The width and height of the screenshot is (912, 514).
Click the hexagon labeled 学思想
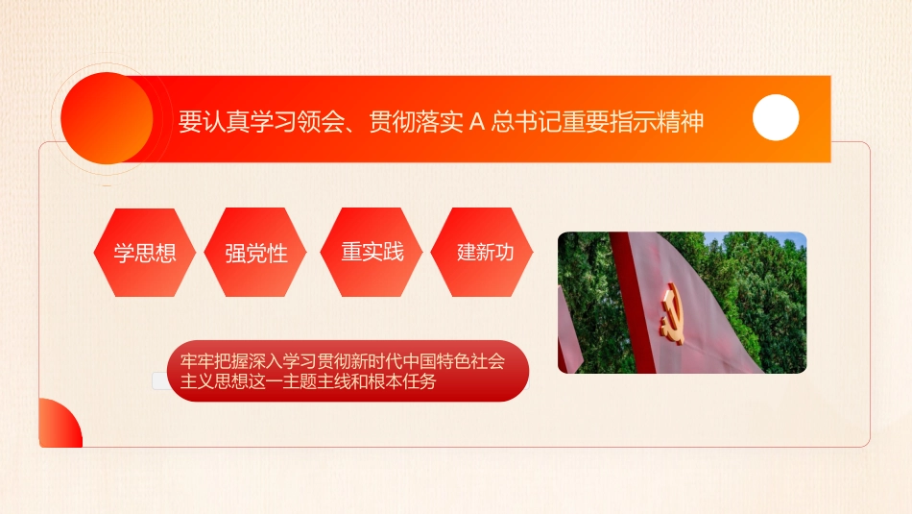(x=145, y=253)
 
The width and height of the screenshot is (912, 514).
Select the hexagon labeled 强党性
(x=256, y=254)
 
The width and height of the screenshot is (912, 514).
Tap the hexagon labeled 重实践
(x=372, y=252)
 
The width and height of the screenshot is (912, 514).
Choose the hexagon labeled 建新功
(x=485, y=252)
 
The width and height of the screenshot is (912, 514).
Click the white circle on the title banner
(x=776, y=118)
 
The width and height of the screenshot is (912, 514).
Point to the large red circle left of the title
(x=106, y=118)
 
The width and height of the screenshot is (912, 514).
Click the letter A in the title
(x=477, y=123)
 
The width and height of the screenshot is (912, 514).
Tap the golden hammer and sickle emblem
(x=673, y=316)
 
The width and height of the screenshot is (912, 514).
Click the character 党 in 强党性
(x=256, y=254)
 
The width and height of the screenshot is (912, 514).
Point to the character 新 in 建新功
(x=485, y=252)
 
